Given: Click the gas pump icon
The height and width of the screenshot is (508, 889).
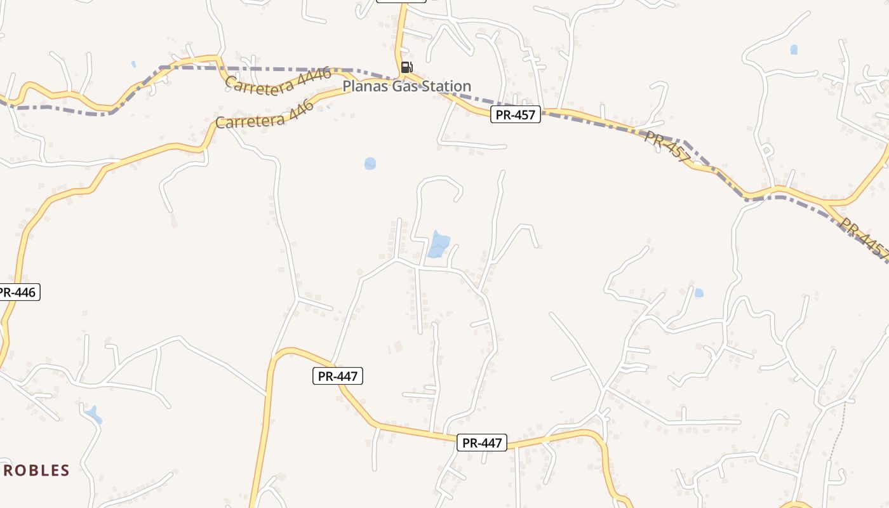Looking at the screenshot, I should coord(406,67).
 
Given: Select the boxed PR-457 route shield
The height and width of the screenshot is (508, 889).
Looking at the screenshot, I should coord(515,115).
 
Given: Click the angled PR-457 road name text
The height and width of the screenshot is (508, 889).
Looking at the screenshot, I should coord(667,147).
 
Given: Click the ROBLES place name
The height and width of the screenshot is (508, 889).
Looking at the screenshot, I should coord(36,471).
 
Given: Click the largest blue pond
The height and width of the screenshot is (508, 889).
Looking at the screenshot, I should coord(438,244).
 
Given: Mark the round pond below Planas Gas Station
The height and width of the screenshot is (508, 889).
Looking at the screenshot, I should coord(370,164).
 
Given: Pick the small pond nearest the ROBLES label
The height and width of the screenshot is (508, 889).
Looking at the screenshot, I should coord(93,414).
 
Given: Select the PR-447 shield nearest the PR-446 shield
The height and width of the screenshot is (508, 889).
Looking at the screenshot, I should coord(338,376).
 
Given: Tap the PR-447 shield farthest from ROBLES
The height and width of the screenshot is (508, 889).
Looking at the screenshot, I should coord(482,443).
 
